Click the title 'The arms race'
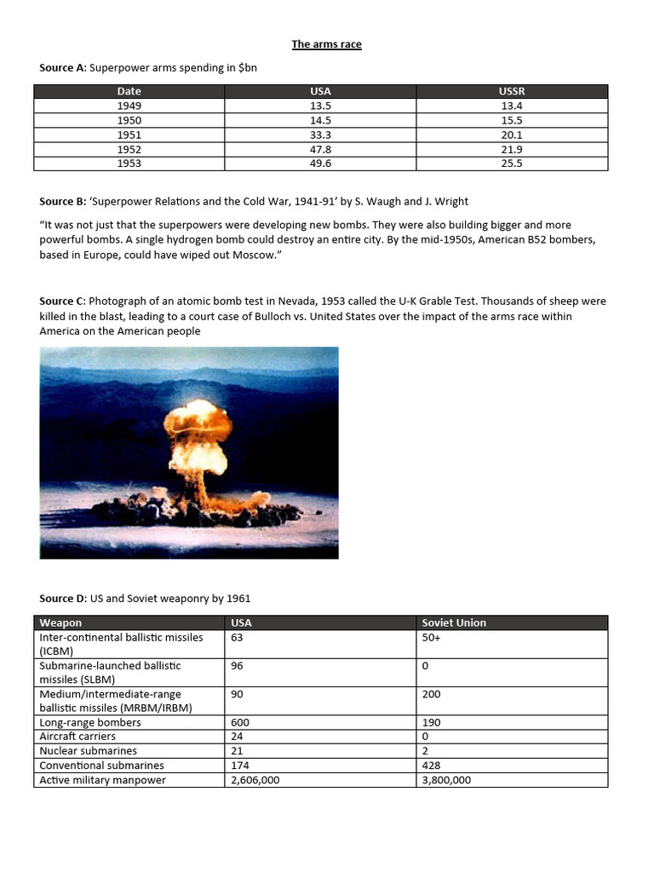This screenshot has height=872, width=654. click(x=326, y=44)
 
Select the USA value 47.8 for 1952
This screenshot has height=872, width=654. click(x=321, y=149)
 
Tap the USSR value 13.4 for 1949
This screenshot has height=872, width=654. click(x=512, y=106)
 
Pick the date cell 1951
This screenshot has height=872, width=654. click(x=129, y=135)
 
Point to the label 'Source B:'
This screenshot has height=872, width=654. click(x=62, y=202)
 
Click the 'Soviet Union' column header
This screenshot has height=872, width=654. click(x=454, y=622)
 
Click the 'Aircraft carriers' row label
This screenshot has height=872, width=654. click(x=77, y=737)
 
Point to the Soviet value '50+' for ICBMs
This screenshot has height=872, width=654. click(x=432, y=637)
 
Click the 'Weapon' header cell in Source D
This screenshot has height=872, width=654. click(x=60, y=622)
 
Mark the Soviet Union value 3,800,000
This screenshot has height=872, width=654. click(x=446, y=780)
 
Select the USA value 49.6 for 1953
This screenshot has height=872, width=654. click(x=321, y=163)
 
